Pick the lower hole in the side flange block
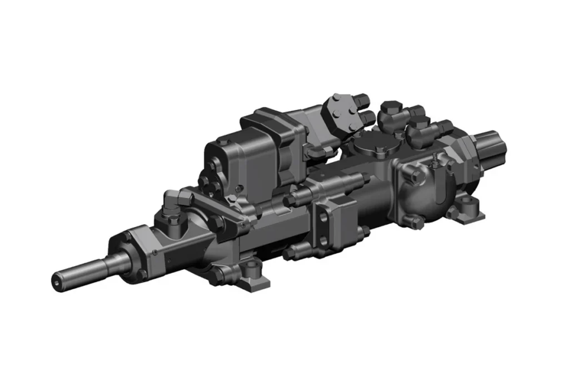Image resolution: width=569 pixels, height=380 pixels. (x=323, y=240)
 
